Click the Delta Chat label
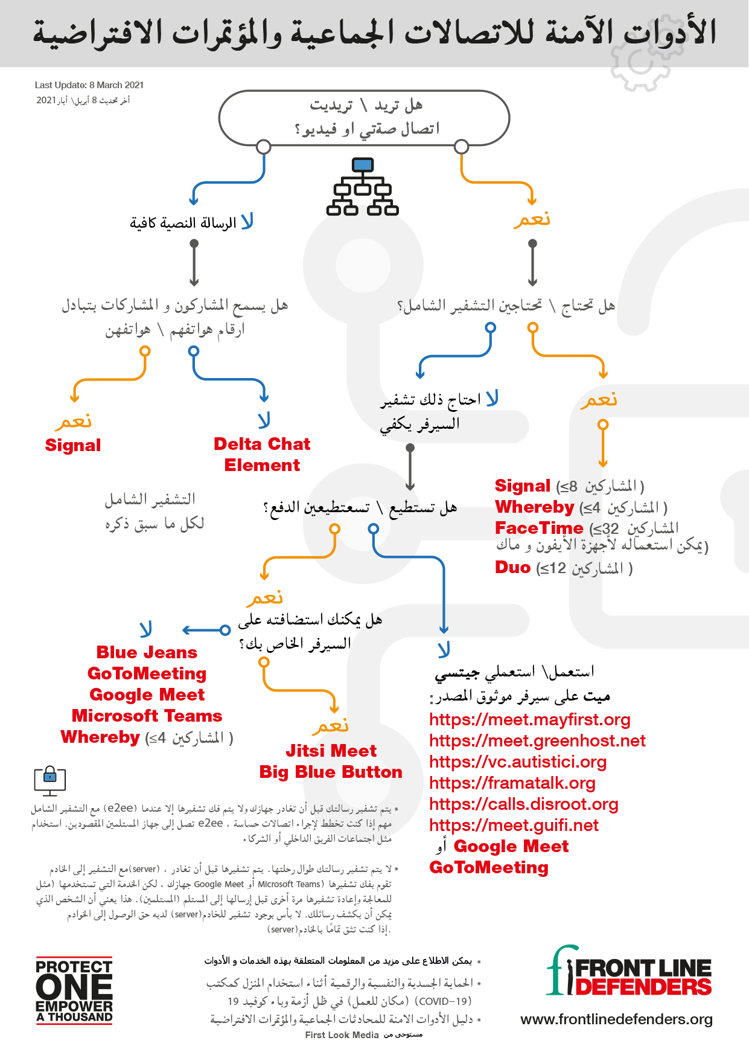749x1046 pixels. [261, 444]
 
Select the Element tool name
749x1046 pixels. [262, 465]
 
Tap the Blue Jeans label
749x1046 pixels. [147, 652]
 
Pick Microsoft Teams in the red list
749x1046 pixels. [147, 716]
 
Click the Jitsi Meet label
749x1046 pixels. [331, 751]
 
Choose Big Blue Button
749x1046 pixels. [331, 772]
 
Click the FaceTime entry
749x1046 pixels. [539, 528]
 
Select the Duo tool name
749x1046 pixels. [512, 567]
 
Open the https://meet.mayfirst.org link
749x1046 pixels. [529, 719]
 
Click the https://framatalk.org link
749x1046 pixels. [512, 783]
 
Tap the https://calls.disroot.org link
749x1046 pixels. [523, 804]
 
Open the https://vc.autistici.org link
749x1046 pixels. [518, 762]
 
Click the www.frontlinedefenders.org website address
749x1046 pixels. [616, 1019]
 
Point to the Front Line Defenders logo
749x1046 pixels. [628, 972]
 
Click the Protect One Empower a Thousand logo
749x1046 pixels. [74, 990]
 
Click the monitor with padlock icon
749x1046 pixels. [49, 780]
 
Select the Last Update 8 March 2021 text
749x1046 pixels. [89, 85]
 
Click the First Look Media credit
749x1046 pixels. [342, 1035]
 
